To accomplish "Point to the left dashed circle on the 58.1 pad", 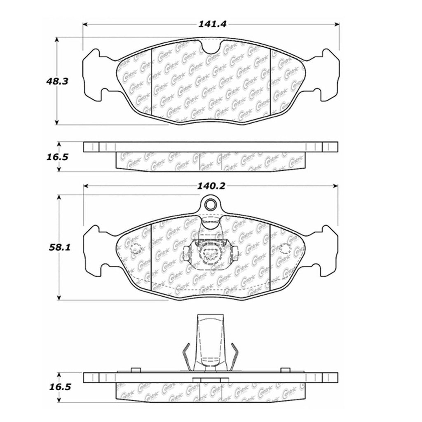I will click(136, 249).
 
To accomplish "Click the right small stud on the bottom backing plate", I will click(284, 370).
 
